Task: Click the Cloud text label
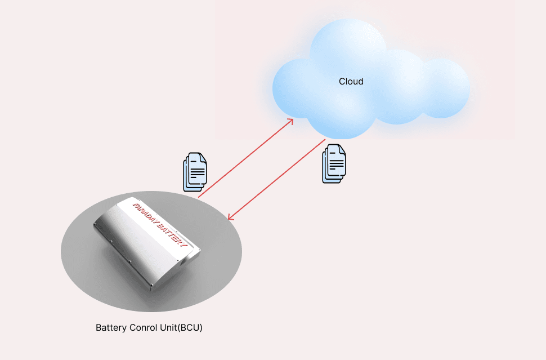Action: (351, 82)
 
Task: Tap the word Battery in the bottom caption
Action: (110, 327)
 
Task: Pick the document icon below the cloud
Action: (334, 163)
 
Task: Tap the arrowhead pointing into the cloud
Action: (290, 121)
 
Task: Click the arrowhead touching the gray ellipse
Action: (229, 218)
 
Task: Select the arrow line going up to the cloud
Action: (245, 158)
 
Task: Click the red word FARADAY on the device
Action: (145, 212)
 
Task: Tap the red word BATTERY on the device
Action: (171, 234)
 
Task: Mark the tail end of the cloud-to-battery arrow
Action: (325, 139)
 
